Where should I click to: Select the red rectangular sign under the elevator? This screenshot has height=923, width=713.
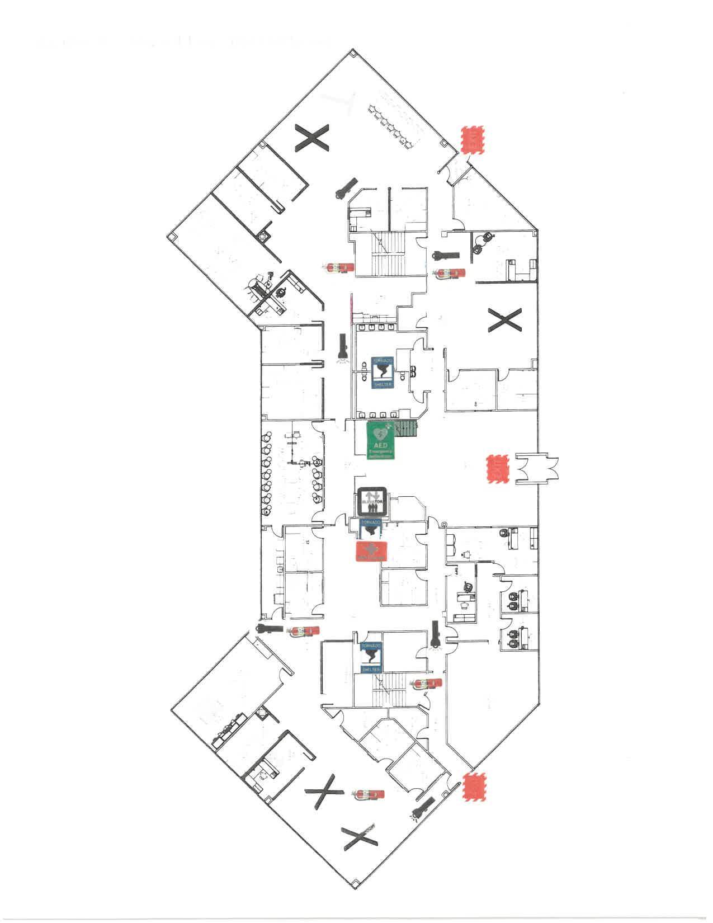pyautogui.click(x=372, y=550)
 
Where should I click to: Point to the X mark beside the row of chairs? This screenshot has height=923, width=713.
pyautogui.click(x=312, y=138)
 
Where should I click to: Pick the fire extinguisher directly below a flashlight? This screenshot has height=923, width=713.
pyautogui.click(x=451, y=274)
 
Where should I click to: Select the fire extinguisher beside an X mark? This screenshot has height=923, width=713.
pyautogui.click(x=370, y=794)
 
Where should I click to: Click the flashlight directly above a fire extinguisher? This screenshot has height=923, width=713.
pyautogui.click(x=446, y=256)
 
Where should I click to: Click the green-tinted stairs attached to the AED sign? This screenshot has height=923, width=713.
pyautogui.click(x=405, y=428)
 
